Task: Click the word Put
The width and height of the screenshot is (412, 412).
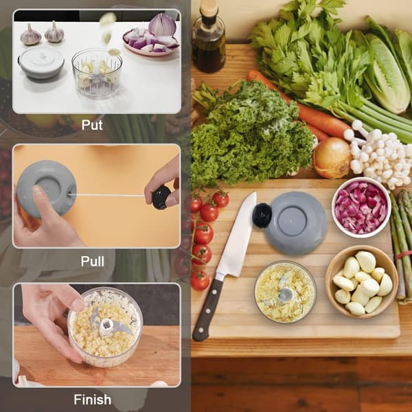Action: coord(92,125)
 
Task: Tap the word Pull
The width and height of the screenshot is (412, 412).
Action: coord(93,261)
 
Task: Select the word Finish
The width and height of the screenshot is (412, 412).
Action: coord(93,400)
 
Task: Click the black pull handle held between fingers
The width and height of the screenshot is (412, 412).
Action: coord(161,197)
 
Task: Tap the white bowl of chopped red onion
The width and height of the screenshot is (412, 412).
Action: coord(361,207)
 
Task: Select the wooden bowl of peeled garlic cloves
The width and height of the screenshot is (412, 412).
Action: coord(362,282)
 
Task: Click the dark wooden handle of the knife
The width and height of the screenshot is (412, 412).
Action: coord(207,310)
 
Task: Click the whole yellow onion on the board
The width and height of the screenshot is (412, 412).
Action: coord(332,157)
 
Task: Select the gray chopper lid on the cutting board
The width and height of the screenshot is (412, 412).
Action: coord(296,222)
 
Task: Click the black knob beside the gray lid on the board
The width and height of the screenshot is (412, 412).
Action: coord(262,215)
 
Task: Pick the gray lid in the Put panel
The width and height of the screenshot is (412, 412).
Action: coord(41,63)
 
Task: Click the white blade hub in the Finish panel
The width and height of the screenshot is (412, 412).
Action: coord(106,327)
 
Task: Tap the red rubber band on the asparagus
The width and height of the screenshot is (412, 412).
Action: coord(404,254)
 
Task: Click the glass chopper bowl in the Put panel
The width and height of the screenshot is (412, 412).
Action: coord(97,73)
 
